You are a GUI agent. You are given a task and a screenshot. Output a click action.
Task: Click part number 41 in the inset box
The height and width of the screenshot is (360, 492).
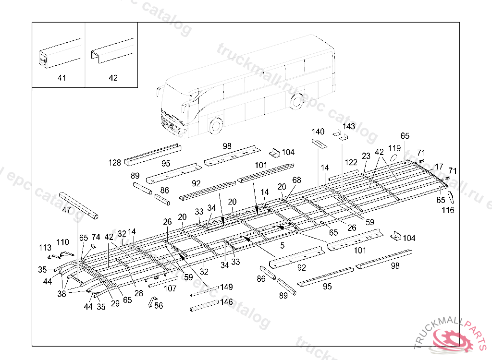(62, 78)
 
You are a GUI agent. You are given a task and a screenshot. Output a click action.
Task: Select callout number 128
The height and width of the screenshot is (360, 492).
(114, 163)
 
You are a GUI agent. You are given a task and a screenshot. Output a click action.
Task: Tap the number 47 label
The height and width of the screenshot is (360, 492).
(67, 210)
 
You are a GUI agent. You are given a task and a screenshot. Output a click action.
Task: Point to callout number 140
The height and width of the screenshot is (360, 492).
(318, 132)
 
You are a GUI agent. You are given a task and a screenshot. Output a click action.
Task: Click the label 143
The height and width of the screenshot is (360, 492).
(349, 126)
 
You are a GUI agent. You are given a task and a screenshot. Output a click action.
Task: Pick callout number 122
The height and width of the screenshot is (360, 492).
(351, 162)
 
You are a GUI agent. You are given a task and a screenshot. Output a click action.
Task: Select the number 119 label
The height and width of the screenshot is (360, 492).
(394, 148)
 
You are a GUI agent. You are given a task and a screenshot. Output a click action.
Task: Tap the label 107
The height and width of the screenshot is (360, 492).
(170, 288)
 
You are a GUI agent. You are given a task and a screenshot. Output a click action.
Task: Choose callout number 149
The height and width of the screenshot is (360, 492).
(226, 287)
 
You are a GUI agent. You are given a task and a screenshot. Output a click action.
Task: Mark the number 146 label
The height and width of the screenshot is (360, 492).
(226, 302)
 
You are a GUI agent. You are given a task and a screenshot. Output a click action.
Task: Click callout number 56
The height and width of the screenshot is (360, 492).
(159, 305)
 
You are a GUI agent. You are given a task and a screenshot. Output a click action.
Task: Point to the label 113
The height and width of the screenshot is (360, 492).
(45, 248)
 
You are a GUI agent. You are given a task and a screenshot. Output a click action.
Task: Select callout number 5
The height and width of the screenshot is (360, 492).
(283, 245)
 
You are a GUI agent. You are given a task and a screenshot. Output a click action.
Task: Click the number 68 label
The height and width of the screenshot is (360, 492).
(296, 180)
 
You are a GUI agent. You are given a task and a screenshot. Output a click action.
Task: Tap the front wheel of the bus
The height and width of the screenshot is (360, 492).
(216, 126)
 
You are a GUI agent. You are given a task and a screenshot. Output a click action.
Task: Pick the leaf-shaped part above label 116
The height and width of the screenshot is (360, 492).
(451, 196)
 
